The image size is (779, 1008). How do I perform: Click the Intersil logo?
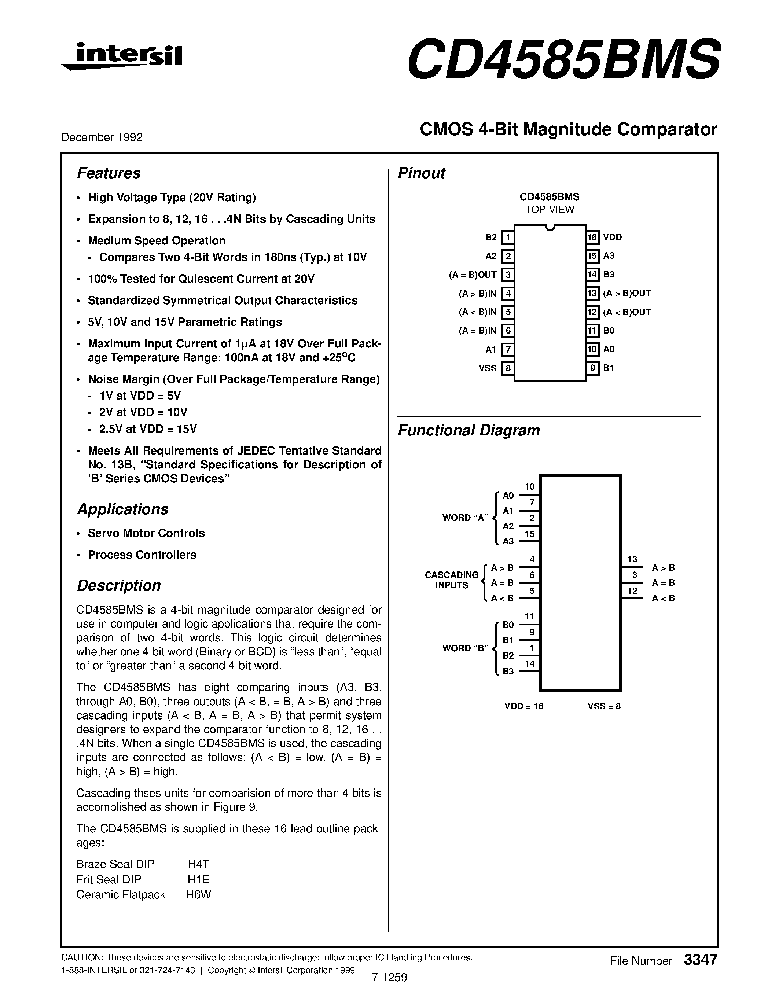coord(122,57)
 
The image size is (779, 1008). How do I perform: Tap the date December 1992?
coord(102,137)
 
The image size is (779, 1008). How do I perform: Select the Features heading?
coord(109,173)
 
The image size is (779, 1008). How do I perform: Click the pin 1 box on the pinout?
coord(508,238)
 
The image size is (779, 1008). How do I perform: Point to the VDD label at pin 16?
coord(613,238)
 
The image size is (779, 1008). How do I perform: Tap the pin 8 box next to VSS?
coord(508,368)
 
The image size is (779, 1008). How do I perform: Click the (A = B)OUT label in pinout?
coord(473,275)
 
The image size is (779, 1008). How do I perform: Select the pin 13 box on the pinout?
coord(592,294)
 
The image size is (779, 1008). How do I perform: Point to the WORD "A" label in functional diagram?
coord(465,518)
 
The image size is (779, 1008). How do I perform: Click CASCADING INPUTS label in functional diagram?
coord(451,580)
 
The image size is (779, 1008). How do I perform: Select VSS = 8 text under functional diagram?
coord(604,706)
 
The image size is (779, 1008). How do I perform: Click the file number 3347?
coord(701,960)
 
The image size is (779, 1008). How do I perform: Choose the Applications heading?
coord(122,509)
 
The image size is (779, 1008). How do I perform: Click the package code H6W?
coord(198,894)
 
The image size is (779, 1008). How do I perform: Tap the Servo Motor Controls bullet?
coord(146,533)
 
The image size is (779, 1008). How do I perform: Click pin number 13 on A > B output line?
coord(632,559)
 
